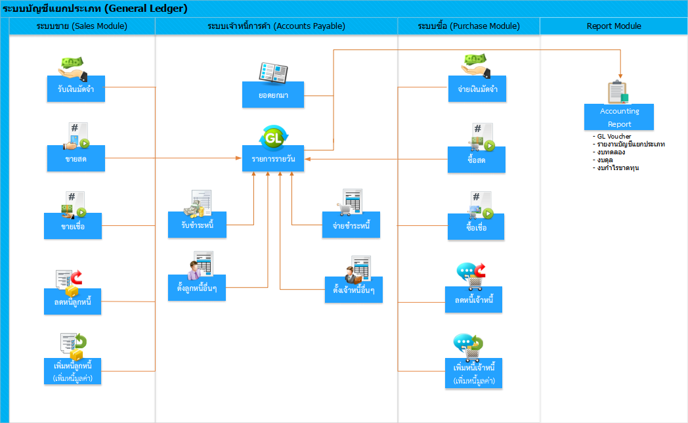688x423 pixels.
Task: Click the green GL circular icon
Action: click(273, 137)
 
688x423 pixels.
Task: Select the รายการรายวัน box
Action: click(273, 158)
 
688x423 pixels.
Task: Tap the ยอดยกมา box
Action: click(273, 95)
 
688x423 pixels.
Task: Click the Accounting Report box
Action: click(618, 117)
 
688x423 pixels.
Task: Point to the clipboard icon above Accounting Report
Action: click(618, 92)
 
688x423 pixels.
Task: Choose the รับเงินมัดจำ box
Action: click(76, 89)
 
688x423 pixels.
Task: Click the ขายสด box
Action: click(76, 158)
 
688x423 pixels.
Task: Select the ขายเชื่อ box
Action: click(73, 226)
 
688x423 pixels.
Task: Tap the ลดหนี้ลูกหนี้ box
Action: click(72, 301)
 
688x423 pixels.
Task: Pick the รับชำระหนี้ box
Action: click(197, 225)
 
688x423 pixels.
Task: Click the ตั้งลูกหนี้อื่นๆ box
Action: click(196, 288)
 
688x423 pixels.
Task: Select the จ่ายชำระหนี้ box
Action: click(351, 225)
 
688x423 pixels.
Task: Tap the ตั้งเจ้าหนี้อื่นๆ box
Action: click(354, 290)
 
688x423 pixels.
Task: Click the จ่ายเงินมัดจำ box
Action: click(477, 89)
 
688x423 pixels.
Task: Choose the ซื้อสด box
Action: click(477, 160)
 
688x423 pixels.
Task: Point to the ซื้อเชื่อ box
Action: click(476, 227)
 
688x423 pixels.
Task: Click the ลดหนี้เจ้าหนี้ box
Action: click(473, 300)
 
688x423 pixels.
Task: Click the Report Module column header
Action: click(614, 26)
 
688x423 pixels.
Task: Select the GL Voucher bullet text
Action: click(614, 137)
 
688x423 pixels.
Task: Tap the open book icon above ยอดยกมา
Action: click(273, 72)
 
